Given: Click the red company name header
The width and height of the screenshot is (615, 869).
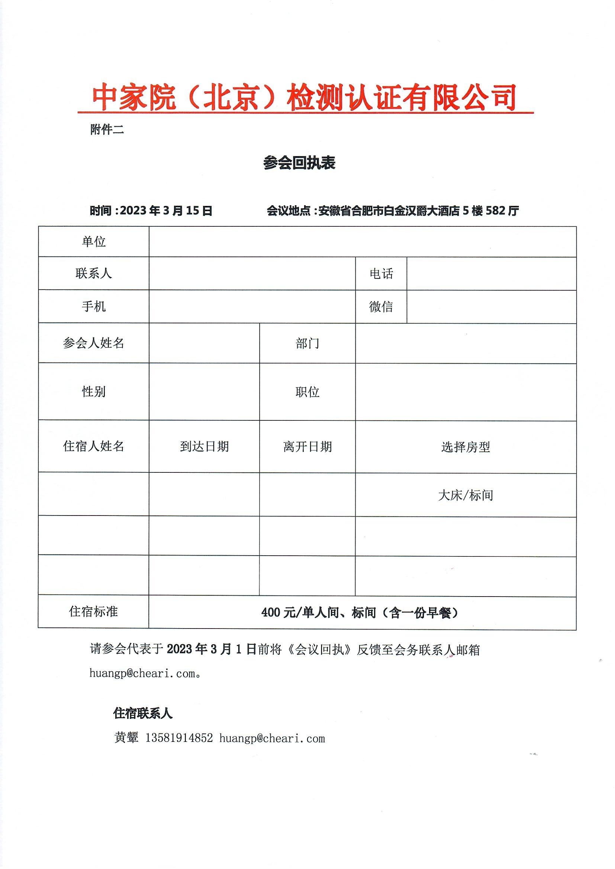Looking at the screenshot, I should [305, 98].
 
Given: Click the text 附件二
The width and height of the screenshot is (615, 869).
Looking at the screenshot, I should [107, 130].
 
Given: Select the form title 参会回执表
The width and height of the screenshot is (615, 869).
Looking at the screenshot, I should [299, 163].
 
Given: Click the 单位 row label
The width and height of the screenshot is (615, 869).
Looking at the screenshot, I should [94, 242].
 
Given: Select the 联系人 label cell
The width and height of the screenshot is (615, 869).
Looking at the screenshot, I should [94, 273].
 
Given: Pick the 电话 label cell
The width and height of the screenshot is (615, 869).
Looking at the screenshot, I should [381, 274].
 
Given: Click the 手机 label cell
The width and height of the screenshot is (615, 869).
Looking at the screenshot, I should [94, 306].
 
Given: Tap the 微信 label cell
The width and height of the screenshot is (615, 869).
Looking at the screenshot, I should [381, 307].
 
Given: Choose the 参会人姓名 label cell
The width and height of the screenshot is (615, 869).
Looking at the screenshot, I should [94, 343].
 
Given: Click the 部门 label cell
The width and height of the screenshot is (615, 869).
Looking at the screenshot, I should [307, 343].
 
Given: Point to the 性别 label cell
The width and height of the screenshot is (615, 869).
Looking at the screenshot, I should [94, 391].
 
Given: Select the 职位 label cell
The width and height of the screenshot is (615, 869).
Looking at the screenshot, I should [307, 392].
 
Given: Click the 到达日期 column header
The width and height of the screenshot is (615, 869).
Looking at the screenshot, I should [204, 447].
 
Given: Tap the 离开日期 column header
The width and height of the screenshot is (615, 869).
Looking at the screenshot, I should [307, 447].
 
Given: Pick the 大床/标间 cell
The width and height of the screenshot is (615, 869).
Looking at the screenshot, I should [466, 495].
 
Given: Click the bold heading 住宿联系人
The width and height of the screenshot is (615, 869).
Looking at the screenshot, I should [143, 713].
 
